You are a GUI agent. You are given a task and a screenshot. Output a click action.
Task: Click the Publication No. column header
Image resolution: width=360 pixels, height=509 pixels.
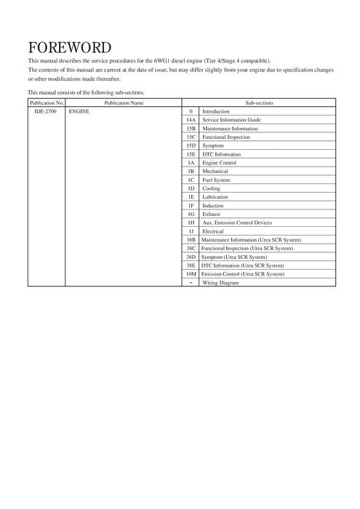[x=46, y=103]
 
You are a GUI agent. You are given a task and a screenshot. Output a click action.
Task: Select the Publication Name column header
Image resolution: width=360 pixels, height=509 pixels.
[x=124, y=103]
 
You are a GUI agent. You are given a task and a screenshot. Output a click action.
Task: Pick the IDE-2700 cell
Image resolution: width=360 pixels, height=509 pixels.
[x=46, y=111]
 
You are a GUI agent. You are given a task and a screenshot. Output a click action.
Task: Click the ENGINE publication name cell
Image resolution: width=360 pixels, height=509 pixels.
[x=79, y=111]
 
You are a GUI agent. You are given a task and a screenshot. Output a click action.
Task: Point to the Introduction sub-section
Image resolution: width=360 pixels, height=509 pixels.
[x=215, y=111]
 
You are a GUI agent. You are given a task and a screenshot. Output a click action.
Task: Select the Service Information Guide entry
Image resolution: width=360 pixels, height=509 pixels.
[x=231, y=119]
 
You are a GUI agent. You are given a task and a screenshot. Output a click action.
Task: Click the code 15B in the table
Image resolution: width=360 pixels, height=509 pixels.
[x=191, y=128]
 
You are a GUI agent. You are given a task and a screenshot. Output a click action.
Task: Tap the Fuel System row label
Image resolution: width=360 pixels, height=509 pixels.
[x=216, y=179]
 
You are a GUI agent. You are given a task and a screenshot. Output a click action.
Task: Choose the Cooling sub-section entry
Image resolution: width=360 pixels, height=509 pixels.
[x=212, y=188]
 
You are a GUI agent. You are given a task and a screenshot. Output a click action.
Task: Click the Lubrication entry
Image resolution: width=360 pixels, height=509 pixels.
[x=215, y=196]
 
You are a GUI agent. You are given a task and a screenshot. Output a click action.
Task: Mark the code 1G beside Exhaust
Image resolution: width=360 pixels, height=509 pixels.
[x=191, y=214]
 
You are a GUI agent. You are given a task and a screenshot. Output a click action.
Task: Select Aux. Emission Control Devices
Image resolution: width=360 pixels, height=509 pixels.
[x=237, y=223]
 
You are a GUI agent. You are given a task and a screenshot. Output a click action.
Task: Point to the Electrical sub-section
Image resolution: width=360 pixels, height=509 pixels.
[x=213, y=231]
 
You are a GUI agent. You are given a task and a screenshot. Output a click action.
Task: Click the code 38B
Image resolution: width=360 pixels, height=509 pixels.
[x=191, y=239]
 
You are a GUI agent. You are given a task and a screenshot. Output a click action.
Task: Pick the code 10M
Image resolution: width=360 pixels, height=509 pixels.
[x=191, y=273]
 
